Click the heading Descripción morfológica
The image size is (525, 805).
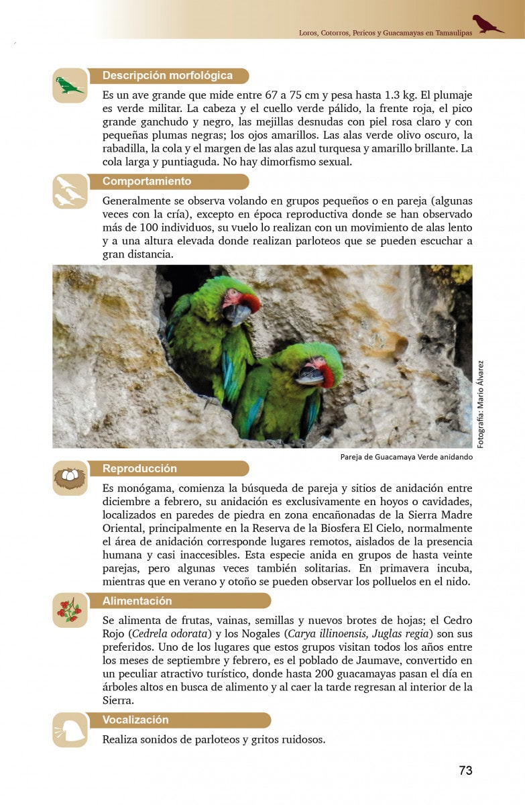click(x=168, y=76)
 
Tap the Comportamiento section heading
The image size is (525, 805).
click(x=147, y=182)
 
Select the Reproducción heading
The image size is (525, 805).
click(x=139, y=469)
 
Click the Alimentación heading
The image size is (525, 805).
click(x=137, y=601)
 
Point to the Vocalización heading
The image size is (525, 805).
click(x=135, y=720)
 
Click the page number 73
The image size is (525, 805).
click(x=465, y=770)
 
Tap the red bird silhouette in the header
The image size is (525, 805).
click(x=487, y=24)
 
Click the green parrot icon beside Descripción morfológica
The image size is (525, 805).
click(x=70, y=86)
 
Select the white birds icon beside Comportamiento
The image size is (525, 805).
click(x=70, y=191)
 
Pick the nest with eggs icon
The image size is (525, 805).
click(x=70, y=478)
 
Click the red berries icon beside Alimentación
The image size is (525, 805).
click(x=70, y=610)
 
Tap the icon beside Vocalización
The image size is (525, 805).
click(x=70, y=730)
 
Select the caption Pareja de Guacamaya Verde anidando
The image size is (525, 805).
click(x=406, y=458)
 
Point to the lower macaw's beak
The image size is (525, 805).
click(x=310, y=376)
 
